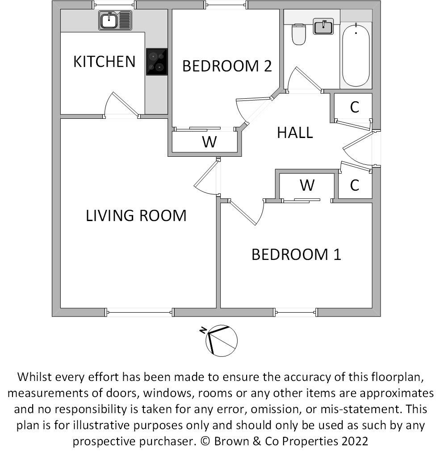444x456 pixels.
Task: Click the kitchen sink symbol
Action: point(115,21)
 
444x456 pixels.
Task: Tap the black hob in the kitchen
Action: point(156,62)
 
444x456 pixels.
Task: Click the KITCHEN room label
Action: point(104,62)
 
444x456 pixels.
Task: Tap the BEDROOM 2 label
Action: point(227,66)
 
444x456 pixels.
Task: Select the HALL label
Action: point(295,133)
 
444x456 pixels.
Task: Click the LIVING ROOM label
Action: point(136,216)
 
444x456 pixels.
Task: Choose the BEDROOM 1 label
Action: point(296,255)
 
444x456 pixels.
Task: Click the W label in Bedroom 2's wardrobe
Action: point(209,142)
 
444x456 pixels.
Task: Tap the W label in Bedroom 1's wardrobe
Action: point(307,184)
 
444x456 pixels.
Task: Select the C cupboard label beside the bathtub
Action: point(355,107)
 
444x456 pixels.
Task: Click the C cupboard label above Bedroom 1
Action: point(355,185)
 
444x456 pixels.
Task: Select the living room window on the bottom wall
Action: point(139,312)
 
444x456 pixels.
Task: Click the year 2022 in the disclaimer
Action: point(355,441)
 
